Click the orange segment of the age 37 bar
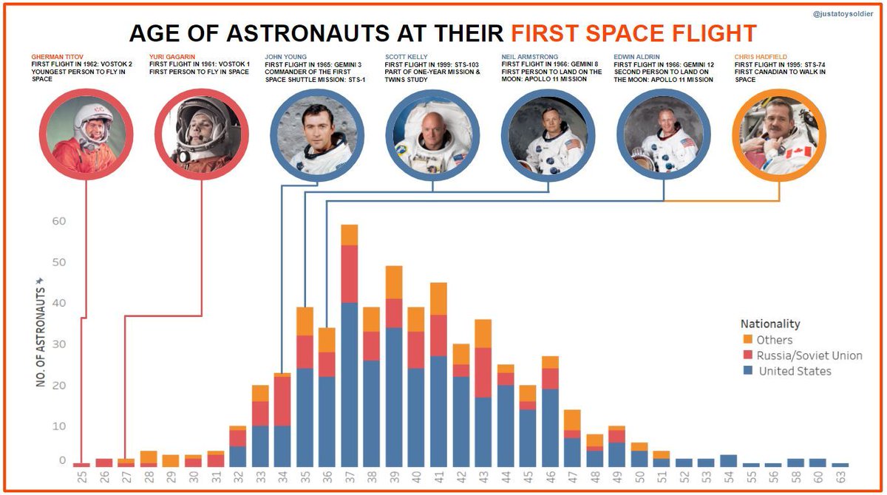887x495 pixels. click(x=350, y=235)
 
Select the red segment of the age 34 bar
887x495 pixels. click(x=282, y=401)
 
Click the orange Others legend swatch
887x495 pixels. click(x=747, y=340)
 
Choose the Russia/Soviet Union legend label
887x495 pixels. click(x=809, y=355)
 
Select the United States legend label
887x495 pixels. click(x=795, y=371)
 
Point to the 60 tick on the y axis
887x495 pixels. click(x=58, y=221)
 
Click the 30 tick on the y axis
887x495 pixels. click(x=58, y=344)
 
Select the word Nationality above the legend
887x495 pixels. click(x=769, y=324)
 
